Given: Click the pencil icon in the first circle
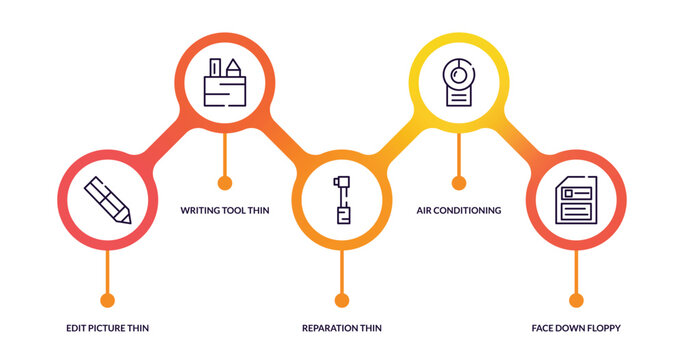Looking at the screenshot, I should [x=107, y=200].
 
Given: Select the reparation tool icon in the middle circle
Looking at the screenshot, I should [x=342, y=200].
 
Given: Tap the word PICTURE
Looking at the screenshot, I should [x=110, y=328].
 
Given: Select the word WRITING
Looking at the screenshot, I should [x=201, y=211].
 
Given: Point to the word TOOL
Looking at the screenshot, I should [x=238, y=211].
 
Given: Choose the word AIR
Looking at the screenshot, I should [x=425, y=211].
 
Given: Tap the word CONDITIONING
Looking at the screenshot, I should [x=469, y=211].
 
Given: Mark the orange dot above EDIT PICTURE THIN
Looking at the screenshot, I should [x=108, y=300].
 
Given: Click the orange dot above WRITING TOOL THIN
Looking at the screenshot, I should [x=225, y=182].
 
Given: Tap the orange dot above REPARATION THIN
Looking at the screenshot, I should [x=342, y=300].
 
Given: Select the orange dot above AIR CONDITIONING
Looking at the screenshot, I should [x=459, y=182].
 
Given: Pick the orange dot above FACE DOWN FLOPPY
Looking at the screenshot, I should [x=576, y=300].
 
